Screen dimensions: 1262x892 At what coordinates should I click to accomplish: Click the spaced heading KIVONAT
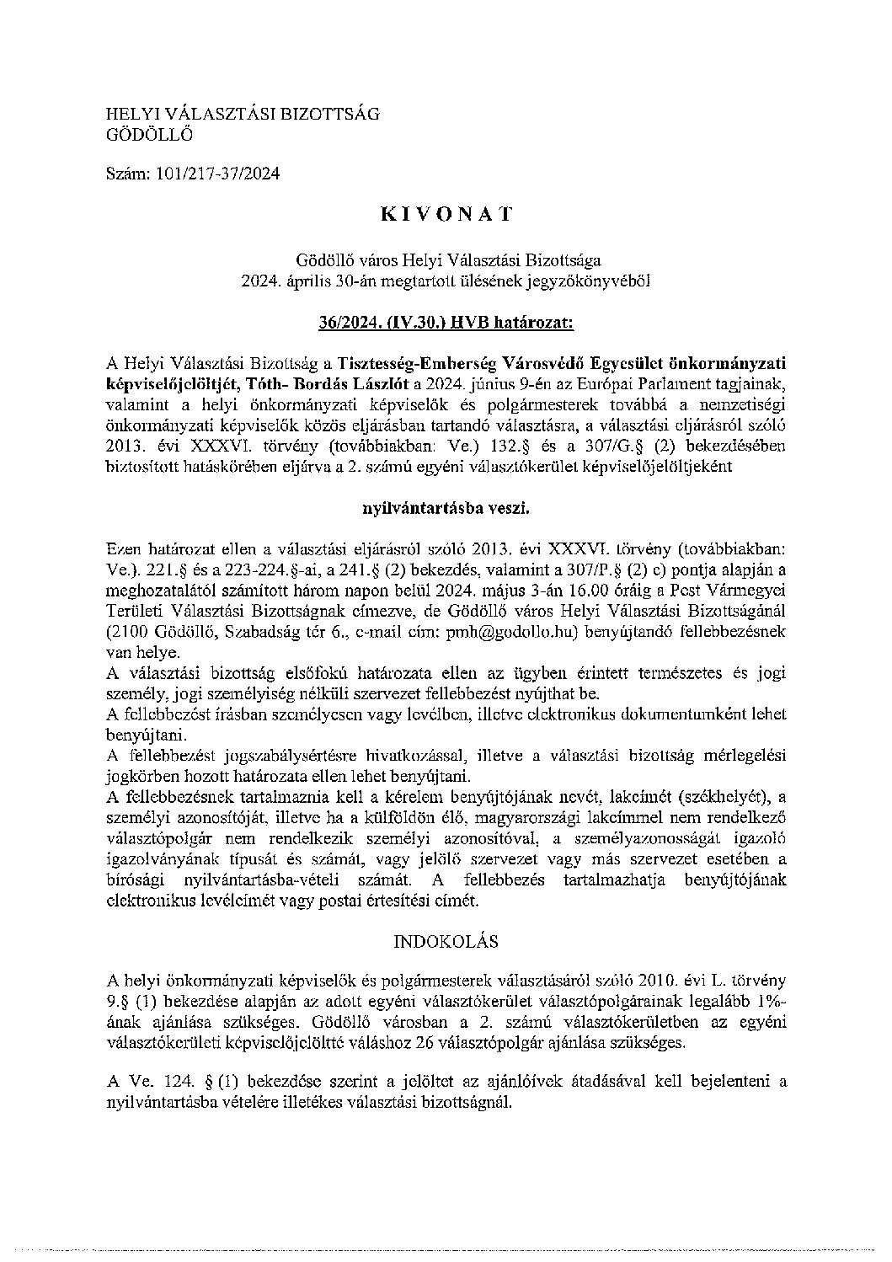tap(446, 214)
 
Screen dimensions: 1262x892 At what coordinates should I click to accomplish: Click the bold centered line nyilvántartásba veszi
tap(446, 507)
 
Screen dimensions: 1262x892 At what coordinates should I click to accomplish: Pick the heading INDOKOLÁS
tap(446, 939)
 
